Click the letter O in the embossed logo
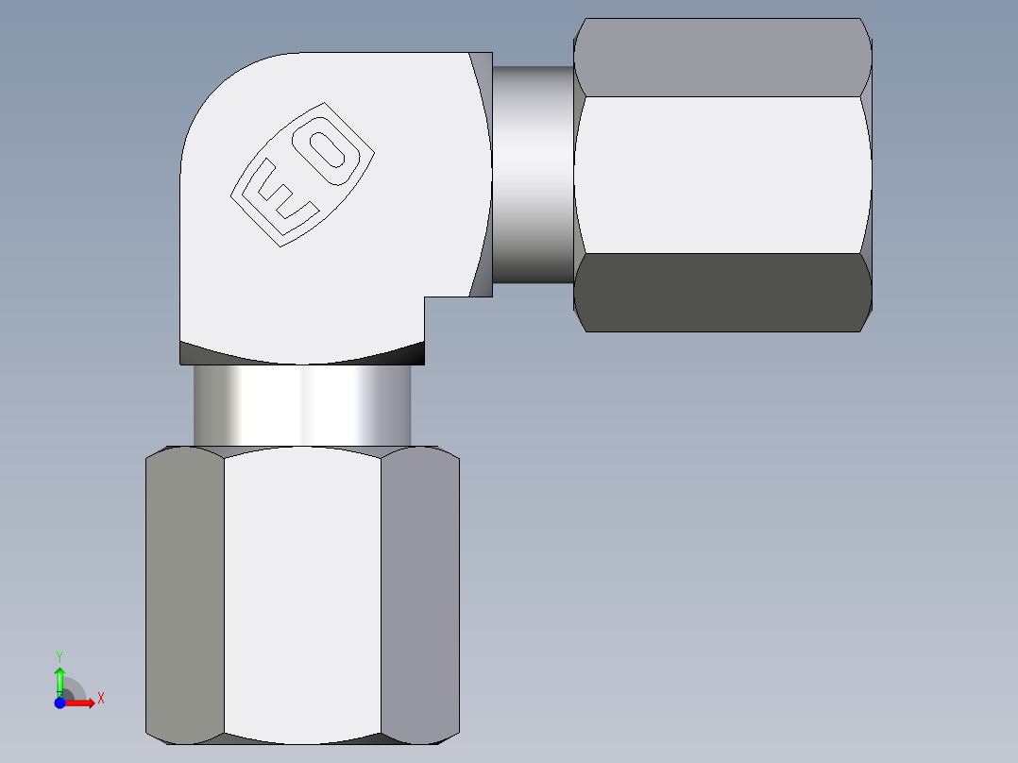click(x=330, y=150)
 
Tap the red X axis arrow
click(x=82, y=703)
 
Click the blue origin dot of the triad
click(x=59, y=703)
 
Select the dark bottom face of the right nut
click(x=722, y=293)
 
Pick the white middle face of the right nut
click(x=722, y=175)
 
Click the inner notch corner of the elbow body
click(x=425, y=297)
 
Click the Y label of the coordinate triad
click(x=59, y=655)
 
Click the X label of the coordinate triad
click(x=100, y=699)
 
